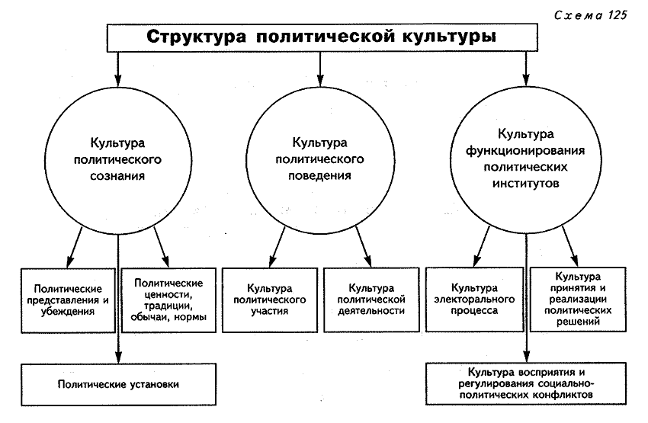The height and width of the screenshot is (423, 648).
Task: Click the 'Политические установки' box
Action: [x=118, y=384]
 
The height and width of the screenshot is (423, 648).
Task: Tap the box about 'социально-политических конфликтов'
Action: [x=525, y=383]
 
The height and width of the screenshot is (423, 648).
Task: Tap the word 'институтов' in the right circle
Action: [x=525, y=184]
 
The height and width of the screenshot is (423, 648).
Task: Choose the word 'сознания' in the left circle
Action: [x=118, y=175]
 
